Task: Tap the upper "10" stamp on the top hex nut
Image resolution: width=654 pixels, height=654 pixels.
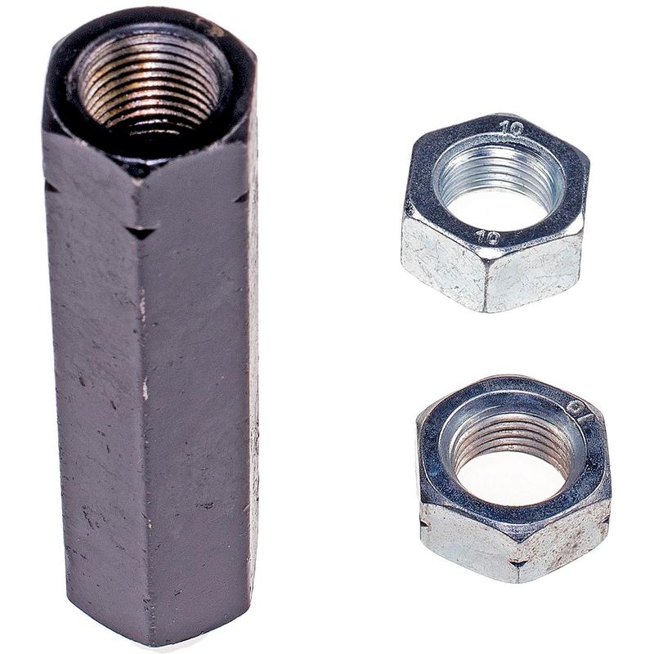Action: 512,128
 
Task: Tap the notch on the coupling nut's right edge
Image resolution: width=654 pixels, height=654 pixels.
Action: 242,198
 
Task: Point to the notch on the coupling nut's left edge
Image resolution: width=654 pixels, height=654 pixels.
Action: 51,187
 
